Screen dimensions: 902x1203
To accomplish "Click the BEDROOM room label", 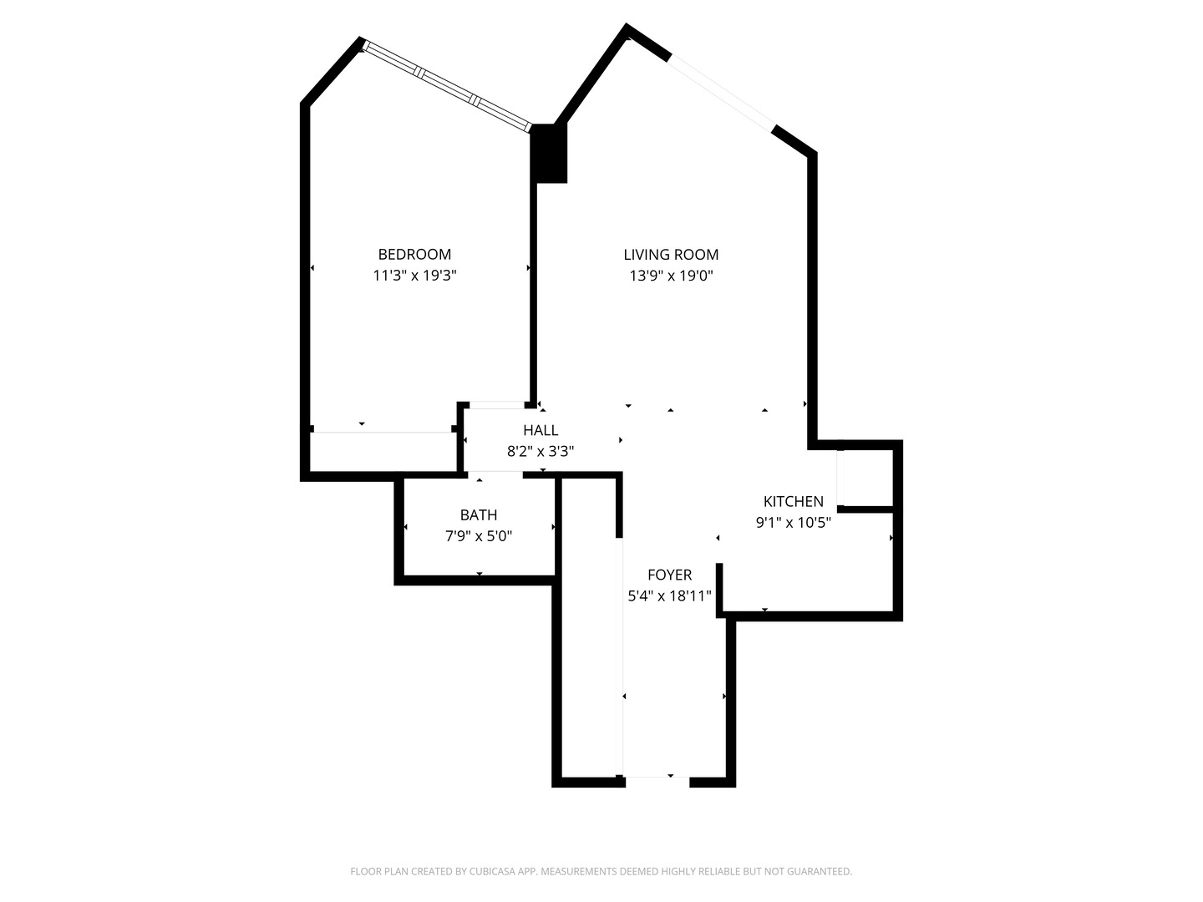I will [414, 254].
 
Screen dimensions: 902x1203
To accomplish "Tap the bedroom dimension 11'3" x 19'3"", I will [414, 275].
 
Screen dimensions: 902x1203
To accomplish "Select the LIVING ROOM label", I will [671, 255].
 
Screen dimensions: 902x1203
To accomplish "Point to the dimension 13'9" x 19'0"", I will [671, 275].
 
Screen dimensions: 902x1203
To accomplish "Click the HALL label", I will [541, 430].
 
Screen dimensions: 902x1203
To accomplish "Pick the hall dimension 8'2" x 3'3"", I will [541, 451].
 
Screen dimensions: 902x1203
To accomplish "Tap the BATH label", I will [479, 515].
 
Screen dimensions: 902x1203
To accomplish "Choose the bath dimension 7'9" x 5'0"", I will [479, 536].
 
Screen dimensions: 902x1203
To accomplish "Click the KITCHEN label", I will [793, 501].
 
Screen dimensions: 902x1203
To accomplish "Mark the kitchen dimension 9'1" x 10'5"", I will [793, 523].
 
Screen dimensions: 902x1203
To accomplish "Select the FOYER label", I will [669, 575].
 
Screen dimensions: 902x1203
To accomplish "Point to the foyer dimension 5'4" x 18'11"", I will [669, 595].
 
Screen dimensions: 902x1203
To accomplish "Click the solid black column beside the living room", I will [549, 153].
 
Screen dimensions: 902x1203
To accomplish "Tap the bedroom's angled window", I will [447, 87].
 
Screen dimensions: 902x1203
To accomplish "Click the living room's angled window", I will [722, 92].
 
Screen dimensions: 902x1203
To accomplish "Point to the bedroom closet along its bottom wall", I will [383, 452].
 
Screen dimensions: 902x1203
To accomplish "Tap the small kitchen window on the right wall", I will [841, 478].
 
